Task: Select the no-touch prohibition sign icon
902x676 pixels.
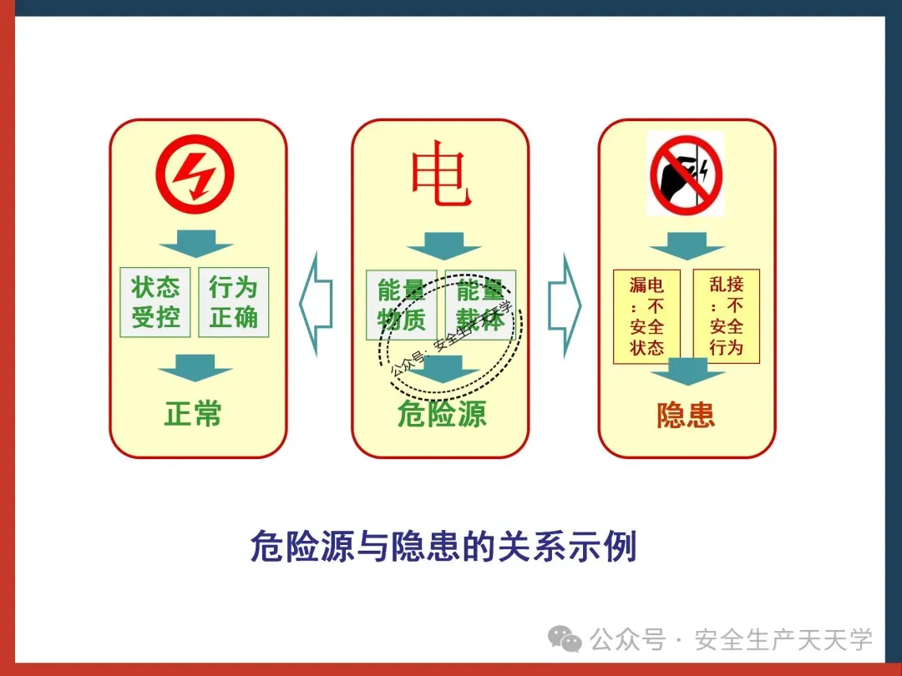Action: [x=686, y=174]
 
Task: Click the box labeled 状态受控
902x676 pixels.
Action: [x=155, y=302]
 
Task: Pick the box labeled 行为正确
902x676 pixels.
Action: [x=234, y=302]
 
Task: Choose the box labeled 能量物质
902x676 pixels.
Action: [x=401, y=305]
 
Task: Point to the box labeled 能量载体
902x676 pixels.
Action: [x=480, y=305]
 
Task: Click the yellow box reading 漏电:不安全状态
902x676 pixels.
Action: [x=646, y=316]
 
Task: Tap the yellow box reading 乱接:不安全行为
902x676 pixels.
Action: [x=726, y=316]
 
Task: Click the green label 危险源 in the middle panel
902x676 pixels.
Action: [x=441, y=414]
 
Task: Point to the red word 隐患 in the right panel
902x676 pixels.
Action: [x=686, y=415]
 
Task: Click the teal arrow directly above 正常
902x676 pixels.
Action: [x=195, y=367]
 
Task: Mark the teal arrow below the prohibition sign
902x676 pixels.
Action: [x=687, y=245]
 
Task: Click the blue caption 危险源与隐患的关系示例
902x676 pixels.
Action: [x=443, y=546]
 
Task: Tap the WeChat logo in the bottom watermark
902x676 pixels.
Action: [x=565, y=640]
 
